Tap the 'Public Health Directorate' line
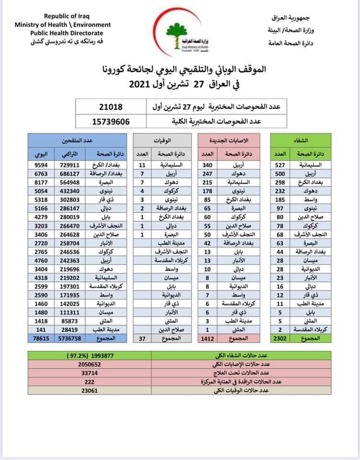pos(67,33)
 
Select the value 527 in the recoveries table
pos(281,164)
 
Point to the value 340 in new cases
pos(208,164)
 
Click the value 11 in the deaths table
pos(142,164)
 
